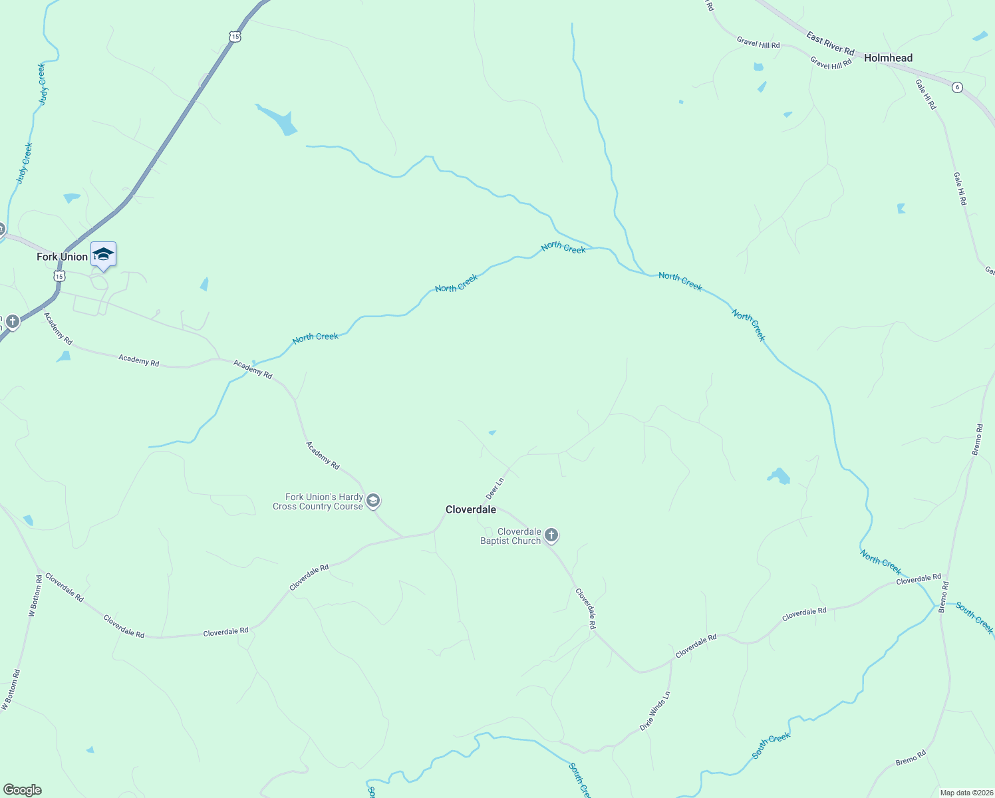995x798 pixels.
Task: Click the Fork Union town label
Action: pos(62,257)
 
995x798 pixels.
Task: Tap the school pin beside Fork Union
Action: pos(103,255)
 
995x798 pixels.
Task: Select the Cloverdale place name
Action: pos(470,509)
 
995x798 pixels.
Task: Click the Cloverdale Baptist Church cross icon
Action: pos(551,535)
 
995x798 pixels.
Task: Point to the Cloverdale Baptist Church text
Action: pos(511,536)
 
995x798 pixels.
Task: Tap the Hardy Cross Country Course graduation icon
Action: pos(373,501)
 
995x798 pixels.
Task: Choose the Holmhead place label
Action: pos(888,58)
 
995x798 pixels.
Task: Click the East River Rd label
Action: pos(830,44)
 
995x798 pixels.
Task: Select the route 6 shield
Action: pos(956,87)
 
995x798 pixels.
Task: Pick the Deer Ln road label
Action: pos(495,488)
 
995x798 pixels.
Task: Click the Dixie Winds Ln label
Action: pos(655,711)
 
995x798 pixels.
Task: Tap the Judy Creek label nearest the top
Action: pos(43,84)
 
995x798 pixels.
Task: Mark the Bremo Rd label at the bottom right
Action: pos(911,757)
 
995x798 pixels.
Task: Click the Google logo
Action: pos(22,790)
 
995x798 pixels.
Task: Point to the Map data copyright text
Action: pos(966,793)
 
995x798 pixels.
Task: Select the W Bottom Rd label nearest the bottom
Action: pos(11,690)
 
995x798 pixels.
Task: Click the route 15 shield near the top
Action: pos(235,37)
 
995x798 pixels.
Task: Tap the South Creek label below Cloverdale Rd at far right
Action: pos(974,618)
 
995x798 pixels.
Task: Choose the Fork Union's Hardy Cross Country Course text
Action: pos(318,501)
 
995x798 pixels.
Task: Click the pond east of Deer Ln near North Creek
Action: pos(778,476)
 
